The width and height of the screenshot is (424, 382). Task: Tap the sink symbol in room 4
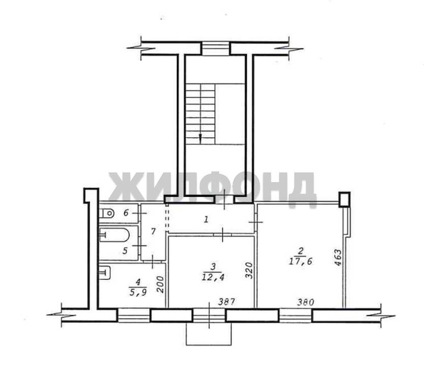106,272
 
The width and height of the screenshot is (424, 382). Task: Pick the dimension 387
226,302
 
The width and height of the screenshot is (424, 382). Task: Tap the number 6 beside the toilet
126,213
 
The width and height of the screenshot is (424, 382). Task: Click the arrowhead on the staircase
201,136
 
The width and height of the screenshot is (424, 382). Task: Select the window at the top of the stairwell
212,48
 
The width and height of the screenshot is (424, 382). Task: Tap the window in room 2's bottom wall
293,313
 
